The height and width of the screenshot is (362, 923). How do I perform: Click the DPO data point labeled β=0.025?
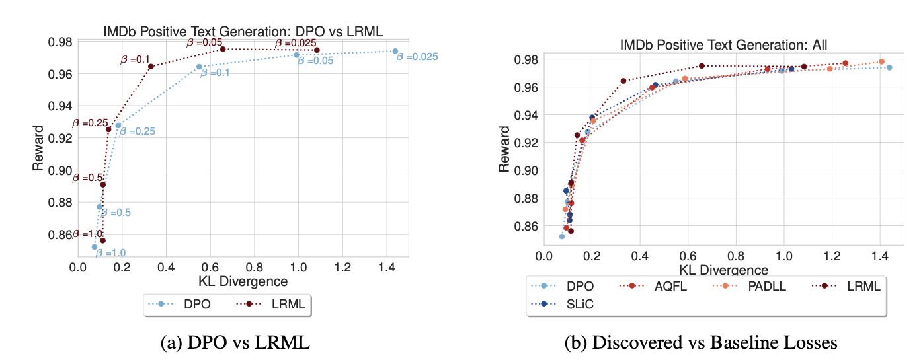click(395, 51)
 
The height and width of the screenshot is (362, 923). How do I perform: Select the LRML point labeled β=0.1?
click(151, 66)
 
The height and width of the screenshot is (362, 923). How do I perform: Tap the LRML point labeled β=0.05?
click(223, 49)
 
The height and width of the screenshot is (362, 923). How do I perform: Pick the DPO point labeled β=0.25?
click(118, 125)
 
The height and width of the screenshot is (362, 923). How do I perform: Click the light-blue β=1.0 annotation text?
click(110, 252)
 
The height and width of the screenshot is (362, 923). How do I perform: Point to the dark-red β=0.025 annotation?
click(297, 44)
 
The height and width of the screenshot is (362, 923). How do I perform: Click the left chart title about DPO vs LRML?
click(243, 30)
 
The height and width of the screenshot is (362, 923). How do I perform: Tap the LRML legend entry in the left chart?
click(274, 305)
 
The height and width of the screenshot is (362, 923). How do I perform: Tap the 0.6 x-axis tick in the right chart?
click(688, 256)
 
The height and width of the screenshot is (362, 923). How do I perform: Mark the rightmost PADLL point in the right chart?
click(881, 61)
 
